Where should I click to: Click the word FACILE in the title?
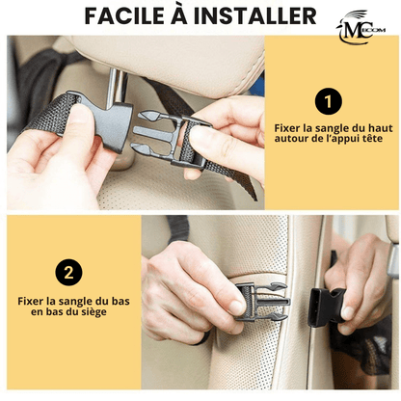pyautogui.click(x=128, y=16)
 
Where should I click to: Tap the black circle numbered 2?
pyautogui.click(x=68, y=273)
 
